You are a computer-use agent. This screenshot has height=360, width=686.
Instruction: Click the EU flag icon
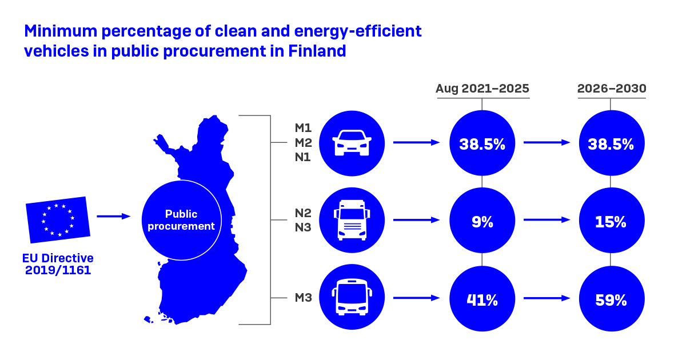58,220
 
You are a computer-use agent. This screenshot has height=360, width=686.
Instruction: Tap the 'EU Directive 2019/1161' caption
58,264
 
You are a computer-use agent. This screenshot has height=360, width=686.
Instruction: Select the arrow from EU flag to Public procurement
114,216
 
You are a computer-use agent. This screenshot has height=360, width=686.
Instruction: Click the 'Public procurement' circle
181,220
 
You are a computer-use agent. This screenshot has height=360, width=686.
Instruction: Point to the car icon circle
352,143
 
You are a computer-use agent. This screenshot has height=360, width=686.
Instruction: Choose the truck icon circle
352,220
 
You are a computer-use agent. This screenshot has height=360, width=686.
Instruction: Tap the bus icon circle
352,297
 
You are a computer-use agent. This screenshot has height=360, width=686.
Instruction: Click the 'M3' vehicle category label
303,298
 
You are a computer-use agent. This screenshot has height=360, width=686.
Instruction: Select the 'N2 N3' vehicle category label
303,220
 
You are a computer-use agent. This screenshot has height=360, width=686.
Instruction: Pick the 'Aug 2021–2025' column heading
482,89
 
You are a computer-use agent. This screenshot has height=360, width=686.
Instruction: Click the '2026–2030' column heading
612,89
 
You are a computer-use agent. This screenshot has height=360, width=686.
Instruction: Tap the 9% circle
482,221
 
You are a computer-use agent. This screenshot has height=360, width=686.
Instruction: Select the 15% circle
612,221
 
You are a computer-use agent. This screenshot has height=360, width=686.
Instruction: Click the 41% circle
482,299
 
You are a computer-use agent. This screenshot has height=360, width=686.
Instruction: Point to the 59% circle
612,299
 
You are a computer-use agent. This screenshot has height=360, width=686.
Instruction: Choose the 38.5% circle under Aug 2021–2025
482,143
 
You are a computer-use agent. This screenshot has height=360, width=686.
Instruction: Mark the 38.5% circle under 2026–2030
612,143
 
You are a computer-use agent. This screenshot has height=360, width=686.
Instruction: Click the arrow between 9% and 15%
547,219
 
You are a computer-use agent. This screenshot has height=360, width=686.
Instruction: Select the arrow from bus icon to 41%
416,297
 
